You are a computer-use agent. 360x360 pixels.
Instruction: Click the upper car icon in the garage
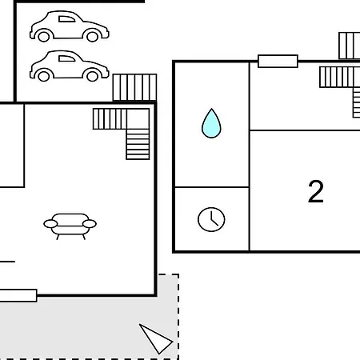click(x=70, y=26)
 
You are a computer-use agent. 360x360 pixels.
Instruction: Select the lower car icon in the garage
click(x=70, y=66)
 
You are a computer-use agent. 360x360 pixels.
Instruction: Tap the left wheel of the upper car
click(x=44, y=36)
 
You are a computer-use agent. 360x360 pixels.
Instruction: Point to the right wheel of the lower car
click(x=93, y=75)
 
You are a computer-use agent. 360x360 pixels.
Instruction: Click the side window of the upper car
click(x=66, y=19)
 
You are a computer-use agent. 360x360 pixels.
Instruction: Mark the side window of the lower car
click(x=66, y=58)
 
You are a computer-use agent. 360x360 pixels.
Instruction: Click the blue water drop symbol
click(x=211, y=123)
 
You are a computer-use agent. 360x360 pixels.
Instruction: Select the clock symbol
click(x=211, y=219)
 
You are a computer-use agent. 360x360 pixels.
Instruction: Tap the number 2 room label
click(x=316, y=191)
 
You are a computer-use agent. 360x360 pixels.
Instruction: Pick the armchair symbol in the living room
click(x=70, y=226)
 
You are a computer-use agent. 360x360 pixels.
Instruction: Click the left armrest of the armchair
click(x=50, y=224)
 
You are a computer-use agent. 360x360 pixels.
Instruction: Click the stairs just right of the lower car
click(x=134, y=87)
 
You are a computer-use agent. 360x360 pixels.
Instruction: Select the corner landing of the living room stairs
click(x=138, y=118)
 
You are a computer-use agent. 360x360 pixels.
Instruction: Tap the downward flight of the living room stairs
click(x=138, y=144)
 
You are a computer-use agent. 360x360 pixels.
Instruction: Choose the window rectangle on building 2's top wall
click(x=278, y=61)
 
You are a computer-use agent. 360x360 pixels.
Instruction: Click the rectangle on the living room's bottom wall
click(x=18, y=295)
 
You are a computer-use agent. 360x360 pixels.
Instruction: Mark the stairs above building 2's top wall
click(x=350, y=46)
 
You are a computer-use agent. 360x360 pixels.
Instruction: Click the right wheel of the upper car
click(x=93, y=36)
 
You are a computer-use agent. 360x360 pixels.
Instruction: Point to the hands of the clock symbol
click(x=213, y=219)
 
